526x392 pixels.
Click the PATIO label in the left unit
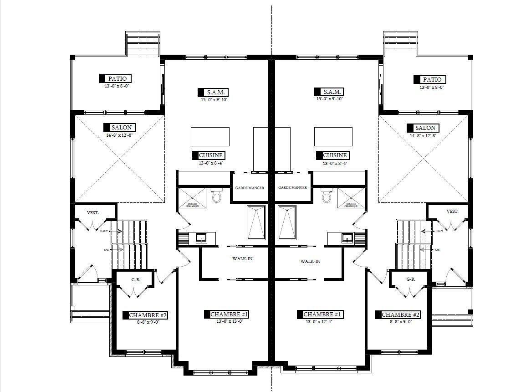pyautogui.click(x=117, y=79)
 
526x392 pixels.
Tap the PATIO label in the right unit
pyautogui.click(x=432, y=79)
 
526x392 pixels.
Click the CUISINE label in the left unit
pyautogui.click(x=210, y=155)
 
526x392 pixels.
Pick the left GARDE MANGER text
pyautogui.click(x=250, y=188)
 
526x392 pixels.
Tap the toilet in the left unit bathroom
pyautogui.click(x=216, y=196)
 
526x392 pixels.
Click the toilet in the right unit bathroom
pyautogui.click(x=326, y=196)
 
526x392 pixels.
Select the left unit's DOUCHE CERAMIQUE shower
pyautogui.click(x=191, y=197)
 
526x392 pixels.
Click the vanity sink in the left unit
pyautogui.click(x=201, y=237)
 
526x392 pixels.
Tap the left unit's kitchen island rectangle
pyautogui.click(x=209, y=136)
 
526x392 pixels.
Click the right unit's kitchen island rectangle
pyautogui.click(x=333, y=136)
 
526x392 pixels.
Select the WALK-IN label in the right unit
pyautogui.click(x=310, y=262)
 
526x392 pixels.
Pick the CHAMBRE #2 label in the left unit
pyautogui.click(x=144, y=315)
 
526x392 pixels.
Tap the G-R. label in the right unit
pyautogui.click(x=410, y=279)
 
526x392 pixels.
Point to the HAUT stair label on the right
pyautogui.click(x=439, y=231)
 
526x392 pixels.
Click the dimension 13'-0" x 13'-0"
pyautogui.click(x=230, y=321)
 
